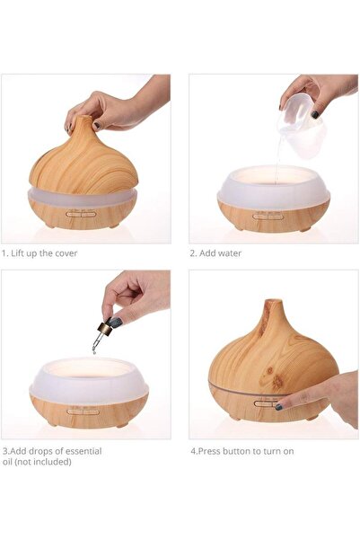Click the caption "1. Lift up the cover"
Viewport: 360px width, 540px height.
[40, 253]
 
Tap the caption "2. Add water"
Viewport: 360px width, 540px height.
[216, 253]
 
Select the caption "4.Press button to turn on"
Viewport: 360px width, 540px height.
[241, 451]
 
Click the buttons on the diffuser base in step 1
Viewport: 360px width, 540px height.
[79, 215]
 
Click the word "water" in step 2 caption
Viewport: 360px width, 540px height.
[229, 253]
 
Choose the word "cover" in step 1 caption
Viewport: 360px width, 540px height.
[64, 253]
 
